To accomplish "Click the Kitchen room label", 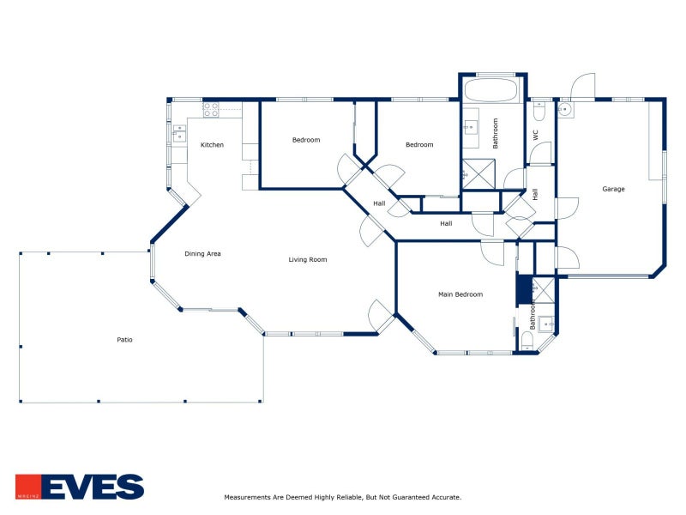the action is [212, 144].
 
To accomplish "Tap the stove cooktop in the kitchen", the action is [210, 110].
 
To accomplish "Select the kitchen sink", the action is [179, 134].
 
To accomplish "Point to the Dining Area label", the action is [202, 253].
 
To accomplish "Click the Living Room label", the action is [308, 259].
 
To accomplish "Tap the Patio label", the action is [124, 339].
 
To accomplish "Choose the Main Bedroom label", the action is [460, 294].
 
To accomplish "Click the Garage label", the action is [613, 189].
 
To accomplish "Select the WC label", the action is [536, 136].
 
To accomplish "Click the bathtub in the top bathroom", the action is [490, 90].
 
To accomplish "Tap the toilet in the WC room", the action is [539, 112].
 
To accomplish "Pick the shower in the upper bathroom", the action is [479, 174].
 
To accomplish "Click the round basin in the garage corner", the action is [565, 110].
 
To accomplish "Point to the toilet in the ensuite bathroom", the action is [527, 341].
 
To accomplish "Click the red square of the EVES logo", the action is [28, 487].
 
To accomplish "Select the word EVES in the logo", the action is [93, 487].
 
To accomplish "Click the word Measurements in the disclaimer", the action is [247, 497].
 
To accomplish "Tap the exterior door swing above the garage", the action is [583, 85].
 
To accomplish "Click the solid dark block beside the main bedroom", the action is [524, 288].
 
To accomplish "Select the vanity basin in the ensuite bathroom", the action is [547, 324].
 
